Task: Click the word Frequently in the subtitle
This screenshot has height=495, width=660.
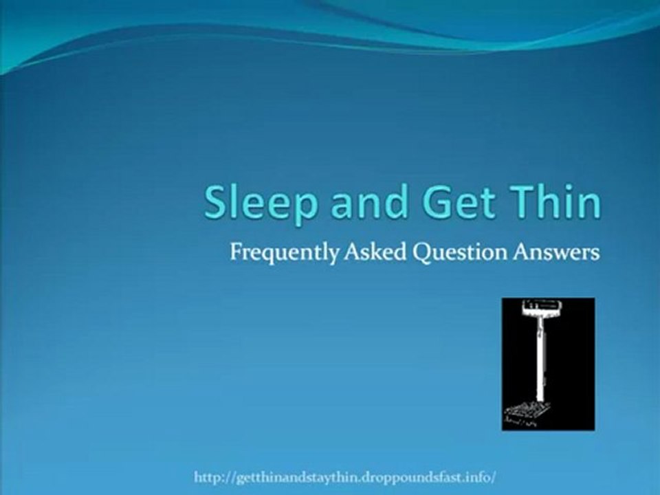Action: (x=283, y=253)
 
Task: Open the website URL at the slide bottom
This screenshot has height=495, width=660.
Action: (x=345, y=476)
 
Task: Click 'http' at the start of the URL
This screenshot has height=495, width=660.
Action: (x=206, y=476)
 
